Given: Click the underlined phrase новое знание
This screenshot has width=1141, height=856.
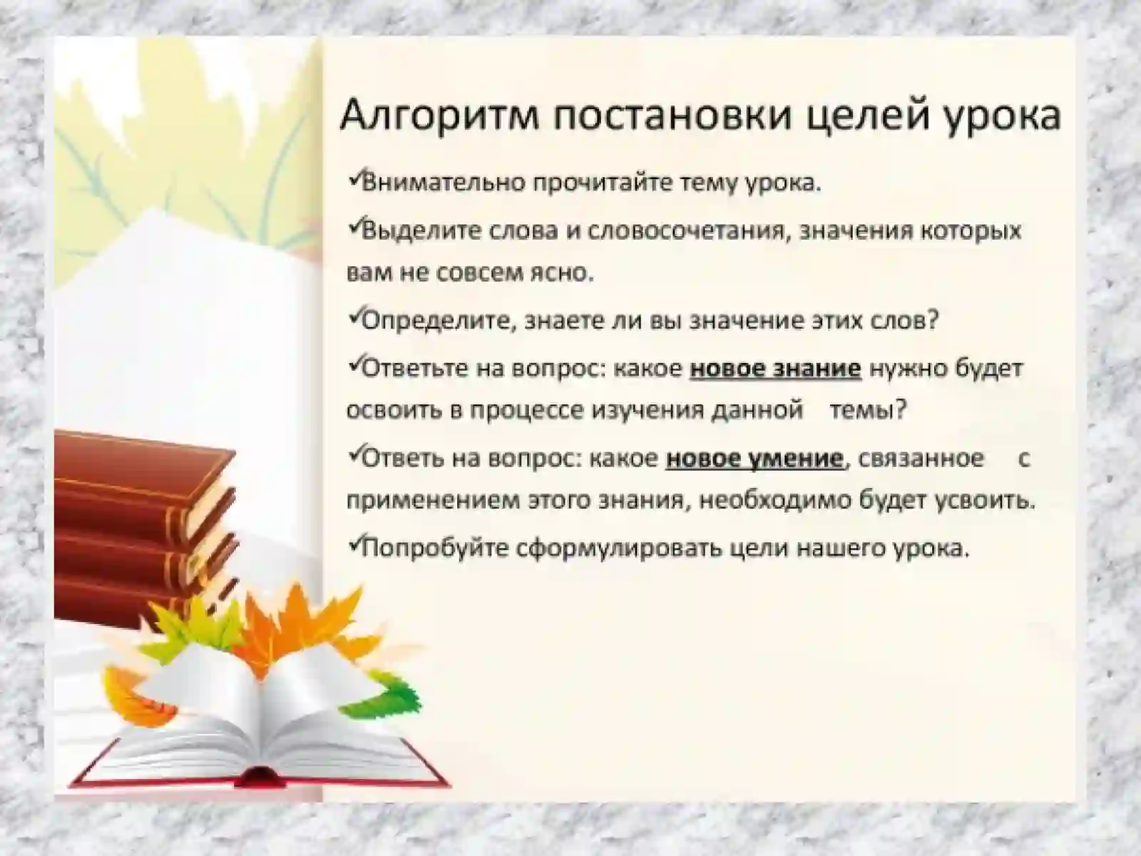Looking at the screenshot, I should [x=775, y=368].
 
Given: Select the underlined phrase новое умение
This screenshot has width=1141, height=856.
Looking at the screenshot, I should [x=754, y=458].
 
